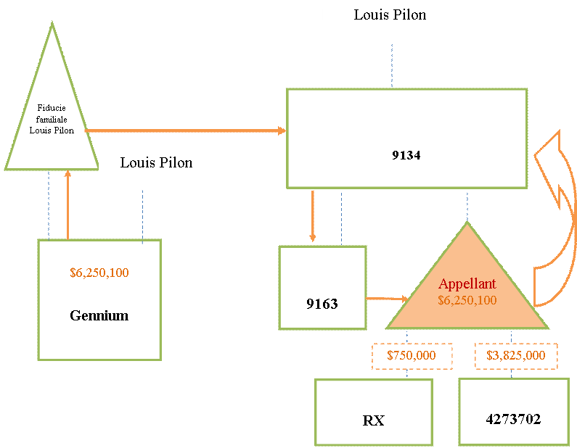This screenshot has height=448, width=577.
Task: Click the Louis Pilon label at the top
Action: point(390,15)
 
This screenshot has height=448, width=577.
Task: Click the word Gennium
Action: point(99,315)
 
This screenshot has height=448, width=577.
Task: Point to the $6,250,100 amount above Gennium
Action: point(99,273)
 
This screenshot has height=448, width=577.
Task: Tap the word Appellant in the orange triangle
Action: point(467,283)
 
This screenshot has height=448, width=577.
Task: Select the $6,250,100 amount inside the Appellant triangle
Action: point(467,300)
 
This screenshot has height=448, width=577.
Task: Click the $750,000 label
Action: point(412,356)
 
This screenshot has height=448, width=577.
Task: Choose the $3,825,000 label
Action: point(516,356)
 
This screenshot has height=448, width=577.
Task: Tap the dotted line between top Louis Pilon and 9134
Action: point(392,66)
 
